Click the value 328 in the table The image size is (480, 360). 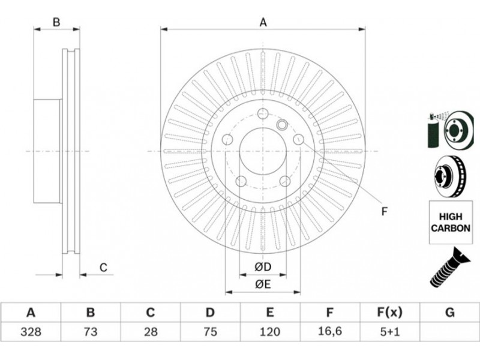(x=31, y=331)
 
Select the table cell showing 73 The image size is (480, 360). (x=91, y=331)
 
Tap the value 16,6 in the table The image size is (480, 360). (x=329, y=331)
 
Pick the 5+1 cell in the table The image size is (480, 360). (x=389, y=331)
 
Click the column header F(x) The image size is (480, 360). (x=389, y=313)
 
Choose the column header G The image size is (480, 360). (x=449, y=313)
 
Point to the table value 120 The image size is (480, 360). (x=269, y=331)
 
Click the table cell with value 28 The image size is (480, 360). (x=151, y=331)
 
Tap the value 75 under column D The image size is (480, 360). (x=210, y=331)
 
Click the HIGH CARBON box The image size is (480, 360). (x=448, y=221)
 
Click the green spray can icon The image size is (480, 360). (x=432, y=130)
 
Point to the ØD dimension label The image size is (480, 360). (x=263, y=266)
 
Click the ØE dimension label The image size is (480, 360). (x=263, y=284)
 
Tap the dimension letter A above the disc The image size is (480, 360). (x=263, y=22)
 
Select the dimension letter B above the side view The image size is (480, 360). (x=56, y=22)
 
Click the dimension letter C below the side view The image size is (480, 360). (x=103, y=268)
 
